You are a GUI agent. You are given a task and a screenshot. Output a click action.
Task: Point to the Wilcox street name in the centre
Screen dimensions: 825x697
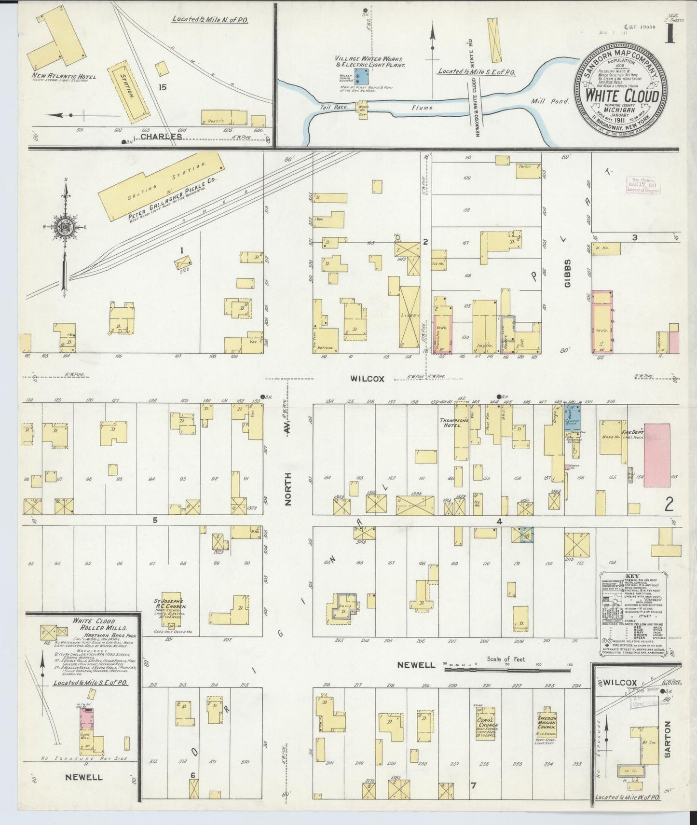point(368,379)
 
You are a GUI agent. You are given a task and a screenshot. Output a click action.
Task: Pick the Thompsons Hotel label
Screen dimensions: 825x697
point(453,423)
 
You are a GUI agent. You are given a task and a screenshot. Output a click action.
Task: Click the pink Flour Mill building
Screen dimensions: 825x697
point(87,722)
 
